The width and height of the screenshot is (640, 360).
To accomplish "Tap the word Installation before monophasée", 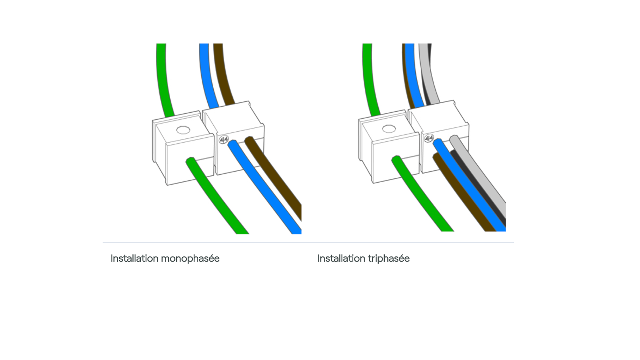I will (134, 259).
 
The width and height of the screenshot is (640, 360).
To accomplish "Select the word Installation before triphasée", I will (341, 259).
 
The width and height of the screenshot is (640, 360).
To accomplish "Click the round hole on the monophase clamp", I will (183, 130).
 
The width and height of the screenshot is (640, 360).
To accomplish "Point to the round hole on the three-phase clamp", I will (389, 129).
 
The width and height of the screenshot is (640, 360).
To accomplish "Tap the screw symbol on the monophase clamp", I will (223, 140).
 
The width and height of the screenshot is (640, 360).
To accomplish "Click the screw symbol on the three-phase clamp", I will (429, 138).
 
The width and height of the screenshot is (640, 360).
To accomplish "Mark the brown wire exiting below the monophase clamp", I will (278, 178).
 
